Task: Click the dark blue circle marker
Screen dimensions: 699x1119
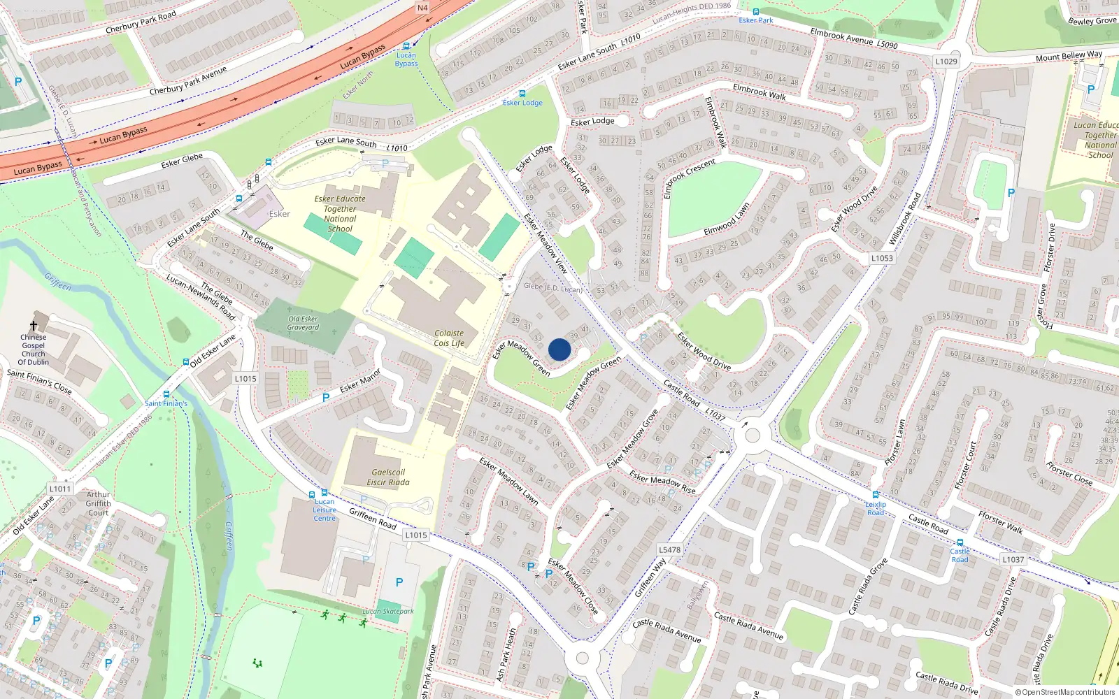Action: point(559,349)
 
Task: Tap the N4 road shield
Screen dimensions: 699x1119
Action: point(422,8)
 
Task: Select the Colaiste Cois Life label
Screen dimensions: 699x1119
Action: point(449,338)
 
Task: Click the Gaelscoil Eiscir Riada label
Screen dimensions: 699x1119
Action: point(388,477)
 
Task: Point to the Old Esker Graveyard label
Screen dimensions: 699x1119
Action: point(303,323)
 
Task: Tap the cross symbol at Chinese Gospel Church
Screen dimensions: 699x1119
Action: point(33,326)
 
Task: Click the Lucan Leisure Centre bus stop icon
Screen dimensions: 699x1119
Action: point(324,493)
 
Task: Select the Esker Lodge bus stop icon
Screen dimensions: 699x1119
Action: point(522,94)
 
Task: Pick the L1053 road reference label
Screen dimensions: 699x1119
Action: point(882,258)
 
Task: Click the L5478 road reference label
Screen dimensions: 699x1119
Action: point(669,549)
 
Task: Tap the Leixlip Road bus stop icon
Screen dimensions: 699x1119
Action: point(875,495)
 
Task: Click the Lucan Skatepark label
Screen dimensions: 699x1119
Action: point(388,611)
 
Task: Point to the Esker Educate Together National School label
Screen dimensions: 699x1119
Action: point(340,213)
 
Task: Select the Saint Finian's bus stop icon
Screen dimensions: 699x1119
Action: point(166,394)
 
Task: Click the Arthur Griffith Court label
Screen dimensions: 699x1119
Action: point(98,503)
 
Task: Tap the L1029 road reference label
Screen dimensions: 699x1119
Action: point(946,62)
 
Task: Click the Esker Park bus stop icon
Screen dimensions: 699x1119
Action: point(756,12)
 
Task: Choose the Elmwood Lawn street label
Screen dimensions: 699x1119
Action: point(727,218)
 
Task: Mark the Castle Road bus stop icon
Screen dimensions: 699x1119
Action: point(960,542)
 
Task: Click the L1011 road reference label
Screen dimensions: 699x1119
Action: point(60,489)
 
